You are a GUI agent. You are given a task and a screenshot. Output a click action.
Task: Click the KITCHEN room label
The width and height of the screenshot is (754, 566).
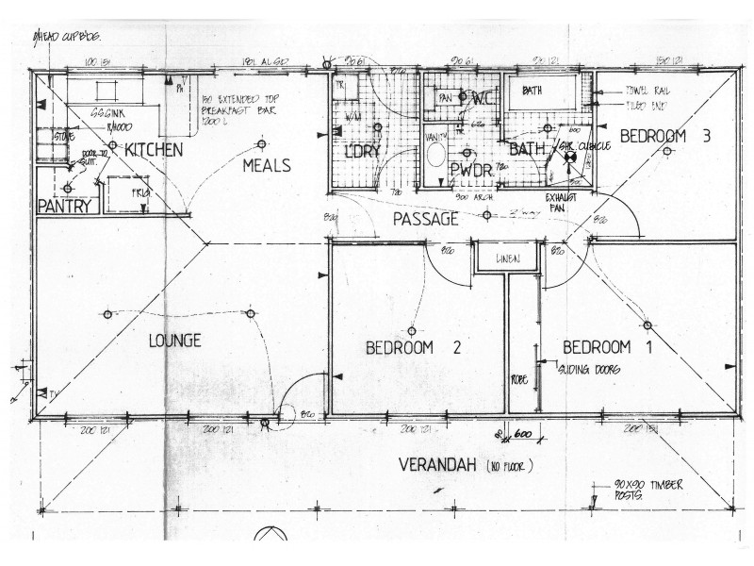point(154,150)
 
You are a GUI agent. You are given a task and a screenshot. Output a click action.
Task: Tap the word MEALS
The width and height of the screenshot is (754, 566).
point(266,165)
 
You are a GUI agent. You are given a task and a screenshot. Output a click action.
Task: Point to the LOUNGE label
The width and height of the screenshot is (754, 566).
point(174,341)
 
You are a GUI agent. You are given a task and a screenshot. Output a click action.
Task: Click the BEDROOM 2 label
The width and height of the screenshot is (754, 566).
point(413,347)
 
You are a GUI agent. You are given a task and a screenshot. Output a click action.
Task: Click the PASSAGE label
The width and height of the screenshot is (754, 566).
point(425,219)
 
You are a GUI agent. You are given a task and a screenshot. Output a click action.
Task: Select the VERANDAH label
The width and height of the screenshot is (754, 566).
point(439,465)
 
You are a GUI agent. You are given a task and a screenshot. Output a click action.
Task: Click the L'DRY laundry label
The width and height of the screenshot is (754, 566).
point(361,151)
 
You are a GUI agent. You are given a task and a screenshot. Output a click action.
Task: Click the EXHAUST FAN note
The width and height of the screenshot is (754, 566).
point(566,201)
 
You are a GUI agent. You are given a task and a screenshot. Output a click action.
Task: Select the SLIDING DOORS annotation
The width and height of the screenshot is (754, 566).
point(590,370)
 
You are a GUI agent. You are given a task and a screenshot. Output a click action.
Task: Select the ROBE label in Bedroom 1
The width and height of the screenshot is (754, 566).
point(520,379)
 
